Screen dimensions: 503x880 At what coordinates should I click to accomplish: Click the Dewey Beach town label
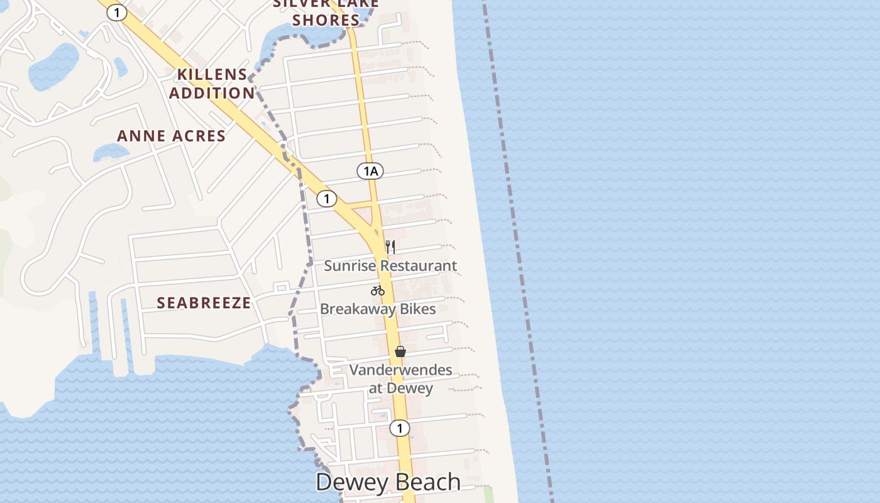[x=388, y=482]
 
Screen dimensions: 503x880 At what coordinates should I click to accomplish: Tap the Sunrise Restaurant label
[x=390, y=266]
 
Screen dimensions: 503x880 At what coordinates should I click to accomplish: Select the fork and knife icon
[x=390, y=246]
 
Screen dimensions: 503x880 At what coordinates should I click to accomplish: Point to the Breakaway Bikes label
[x=378, y=309]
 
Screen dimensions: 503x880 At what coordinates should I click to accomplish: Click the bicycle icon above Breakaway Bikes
[x=378, y=290]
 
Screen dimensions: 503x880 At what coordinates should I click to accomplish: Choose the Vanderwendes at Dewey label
[x=400, y=379]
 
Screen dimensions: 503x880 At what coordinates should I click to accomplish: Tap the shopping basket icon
[x=400, y=351]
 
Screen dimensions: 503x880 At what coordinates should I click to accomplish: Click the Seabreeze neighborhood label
[x=204, y=303]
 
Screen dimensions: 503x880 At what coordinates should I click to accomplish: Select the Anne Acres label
[x=172, y=136]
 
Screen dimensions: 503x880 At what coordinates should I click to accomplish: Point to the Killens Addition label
[x=212, y=84]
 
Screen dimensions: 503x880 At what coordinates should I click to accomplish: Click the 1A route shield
[x=370, y=170]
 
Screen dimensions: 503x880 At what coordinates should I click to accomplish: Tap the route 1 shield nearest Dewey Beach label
[x=399, y=428]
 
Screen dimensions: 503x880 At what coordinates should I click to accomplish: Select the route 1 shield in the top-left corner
[x=116, y=12]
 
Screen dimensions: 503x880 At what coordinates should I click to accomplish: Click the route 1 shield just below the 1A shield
[x=326, y=199]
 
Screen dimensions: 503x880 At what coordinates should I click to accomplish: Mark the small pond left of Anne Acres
[x=111, y=152]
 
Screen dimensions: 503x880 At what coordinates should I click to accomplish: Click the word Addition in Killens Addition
[x=212, y=93]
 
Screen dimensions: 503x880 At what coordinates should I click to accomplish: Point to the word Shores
[x=326, y=20]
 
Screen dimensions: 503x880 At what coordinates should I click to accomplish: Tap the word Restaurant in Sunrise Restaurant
[x=418, y=266]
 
